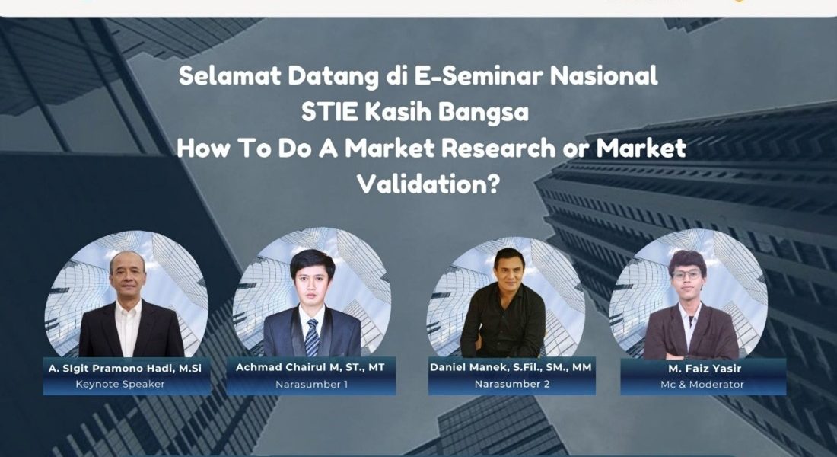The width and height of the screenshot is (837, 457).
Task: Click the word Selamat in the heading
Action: pyautogui.click(x=230, y=76)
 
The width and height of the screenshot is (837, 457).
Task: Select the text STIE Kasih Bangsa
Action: pyautogui.click(x=415, y=113)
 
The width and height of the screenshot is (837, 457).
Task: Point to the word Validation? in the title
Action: pyautogui.click(x=428, y=184)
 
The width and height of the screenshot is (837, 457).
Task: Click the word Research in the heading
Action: pyautogui.click(x=498, y=148)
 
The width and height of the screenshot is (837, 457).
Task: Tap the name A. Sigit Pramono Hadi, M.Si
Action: pyautogui.click(x=126, y=369)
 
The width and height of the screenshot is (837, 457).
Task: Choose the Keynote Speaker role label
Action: pyautogui.click(x=120, y=384)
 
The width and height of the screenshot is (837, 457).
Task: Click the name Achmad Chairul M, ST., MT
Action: pyautogui.click(x=310, y=367)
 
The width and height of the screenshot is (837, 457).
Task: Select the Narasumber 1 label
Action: pyautogui.click(x=311, y=384)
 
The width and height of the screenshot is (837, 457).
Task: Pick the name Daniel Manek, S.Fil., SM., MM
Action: pyautogui.click(x=511, y=367)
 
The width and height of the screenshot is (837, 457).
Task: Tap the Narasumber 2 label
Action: pyautogui.click(x=512, y=384)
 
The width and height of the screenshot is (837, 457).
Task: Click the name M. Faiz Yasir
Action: pyautogui.click(x=705, y=369)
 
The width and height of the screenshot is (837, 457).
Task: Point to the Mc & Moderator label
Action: pyautogui.click(x=702, y=385)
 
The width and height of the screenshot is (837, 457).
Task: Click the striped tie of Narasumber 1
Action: pyautogui.click(x=312, y=337)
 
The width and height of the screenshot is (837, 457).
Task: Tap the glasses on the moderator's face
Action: pyautogui.click(x=686, y=275)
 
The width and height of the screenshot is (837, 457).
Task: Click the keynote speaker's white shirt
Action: pyautogui.click(x=129, y=327)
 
